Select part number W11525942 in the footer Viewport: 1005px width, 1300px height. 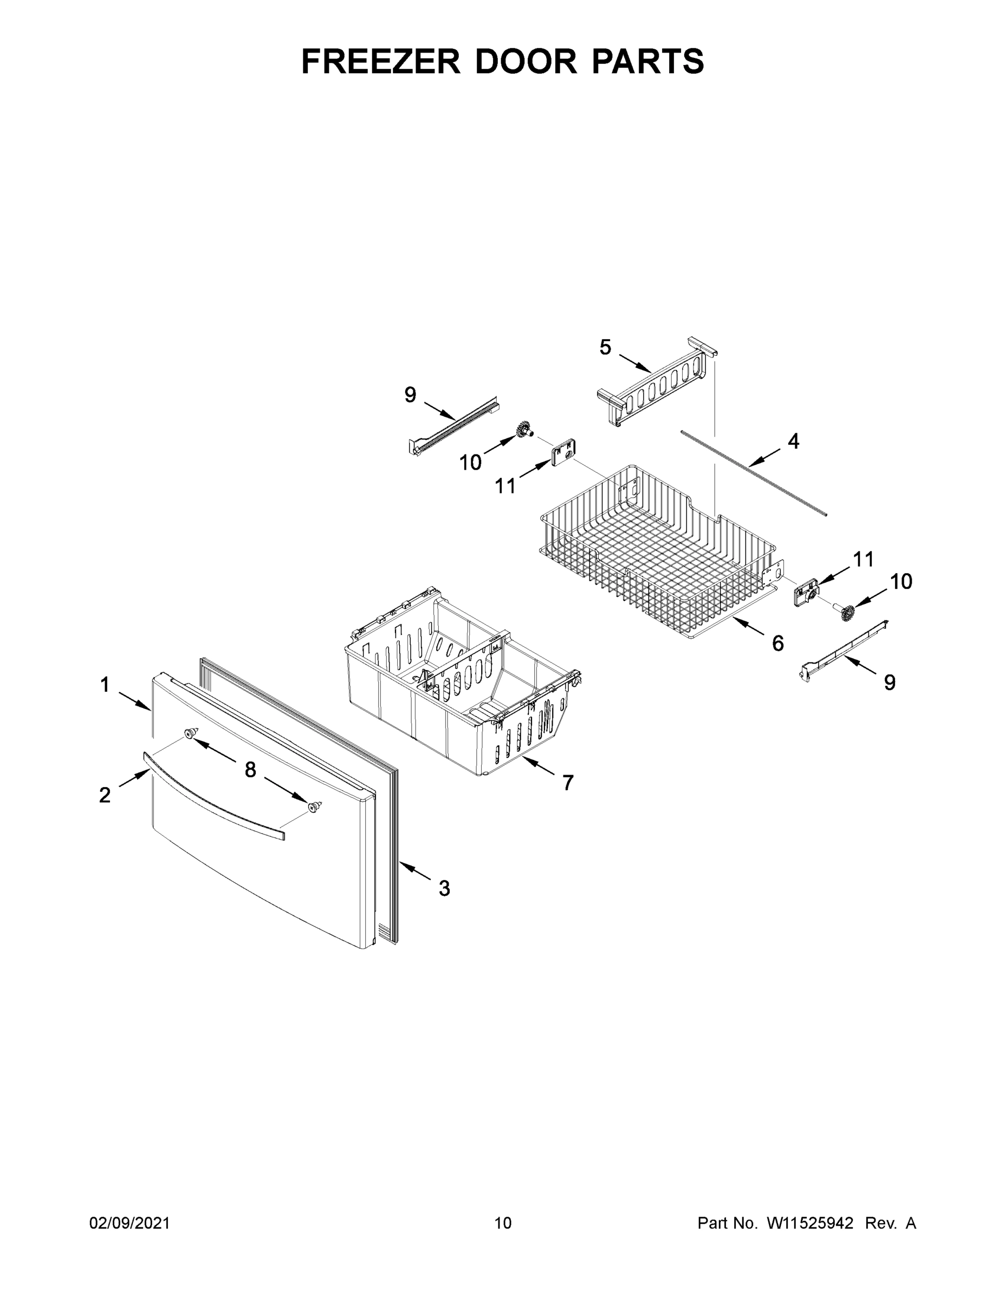coord(810,1223)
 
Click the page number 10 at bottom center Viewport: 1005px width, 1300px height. coord(503,1223)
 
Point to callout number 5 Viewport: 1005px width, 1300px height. coord(605,347)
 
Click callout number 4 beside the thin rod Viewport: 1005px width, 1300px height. coord(793,441)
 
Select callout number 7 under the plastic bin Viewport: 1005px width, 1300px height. coord(568,783)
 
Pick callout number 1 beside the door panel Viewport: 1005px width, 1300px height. coord(105,685)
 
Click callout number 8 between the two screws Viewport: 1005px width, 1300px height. coord(250,770)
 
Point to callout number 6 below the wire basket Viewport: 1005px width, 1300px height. coord(777,643)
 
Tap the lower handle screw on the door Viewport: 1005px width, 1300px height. coord(313,807)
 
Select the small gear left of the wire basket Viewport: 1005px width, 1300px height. coord(524,429)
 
